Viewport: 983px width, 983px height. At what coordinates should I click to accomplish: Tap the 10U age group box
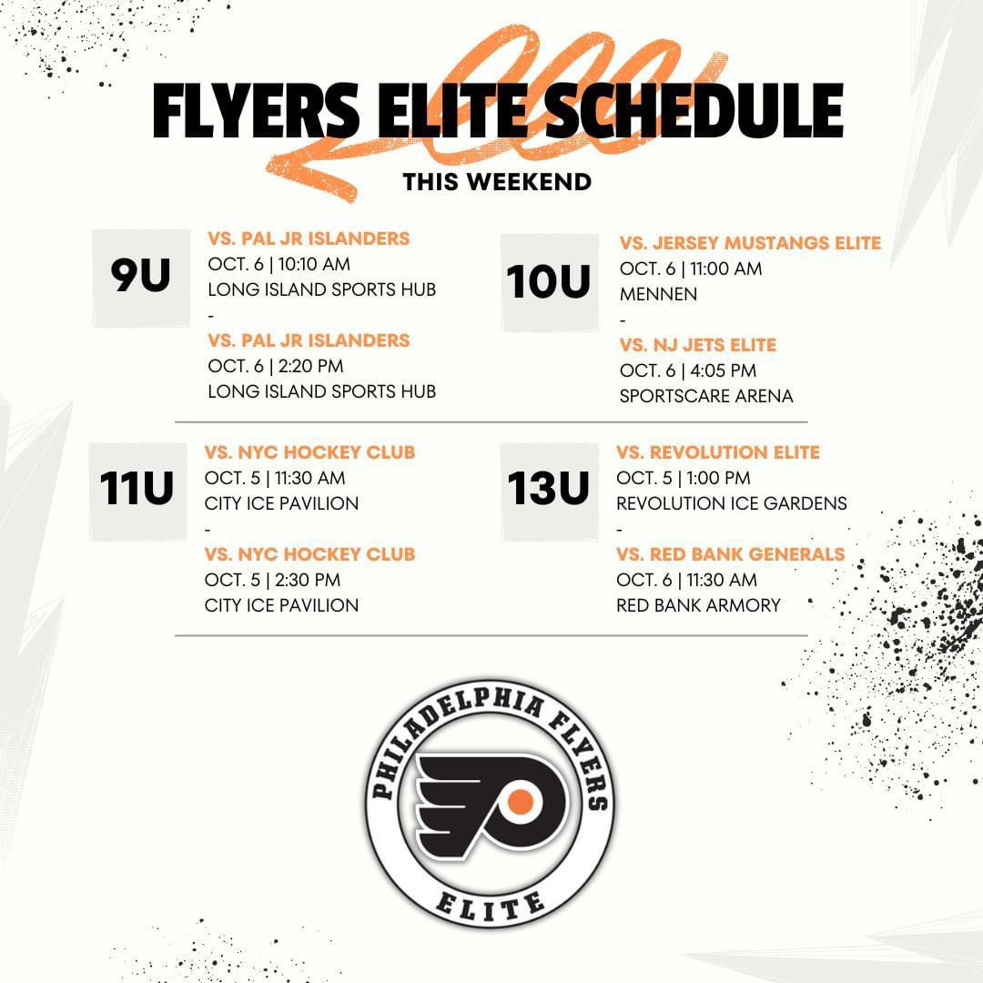click(549, 282)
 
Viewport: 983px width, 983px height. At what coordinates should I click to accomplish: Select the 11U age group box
click(137, 490)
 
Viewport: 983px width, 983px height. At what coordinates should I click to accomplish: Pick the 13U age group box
click(549, 490)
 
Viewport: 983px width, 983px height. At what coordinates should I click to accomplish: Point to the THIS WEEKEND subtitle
click(497, 181)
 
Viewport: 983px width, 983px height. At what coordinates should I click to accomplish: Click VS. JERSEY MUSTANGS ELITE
click(750, 243)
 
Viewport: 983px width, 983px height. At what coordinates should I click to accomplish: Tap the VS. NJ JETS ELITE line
click(697, 345)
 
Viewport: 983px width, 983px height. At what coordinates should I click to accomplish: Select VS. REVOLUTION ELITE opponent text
click(717, 452)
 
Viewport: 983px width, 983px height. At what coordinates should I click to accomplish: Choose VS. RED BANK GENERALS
click(730, 554)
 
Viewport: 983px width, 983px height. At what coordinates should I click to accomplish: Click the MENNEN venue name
click(658, 294)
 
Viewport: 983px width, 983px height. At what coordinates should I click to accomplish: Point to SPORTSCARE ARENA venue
click(705, 396)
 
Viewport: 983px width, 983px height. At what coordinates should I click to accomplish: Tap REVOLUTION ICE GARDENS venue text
click(731, 503)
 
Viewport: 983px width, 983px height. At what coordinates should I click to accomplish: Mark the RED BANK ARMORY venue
click(698, 605)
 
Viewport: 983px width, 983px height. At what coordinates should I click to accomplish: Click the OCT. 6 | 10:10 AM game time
click(279, 264)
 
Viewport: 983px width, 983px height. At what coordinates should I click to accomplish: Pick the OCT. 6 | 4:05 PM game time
click(687, 370)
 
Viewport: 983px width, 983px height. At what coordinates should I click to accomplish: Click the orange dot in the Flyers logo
click(520, 801)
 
